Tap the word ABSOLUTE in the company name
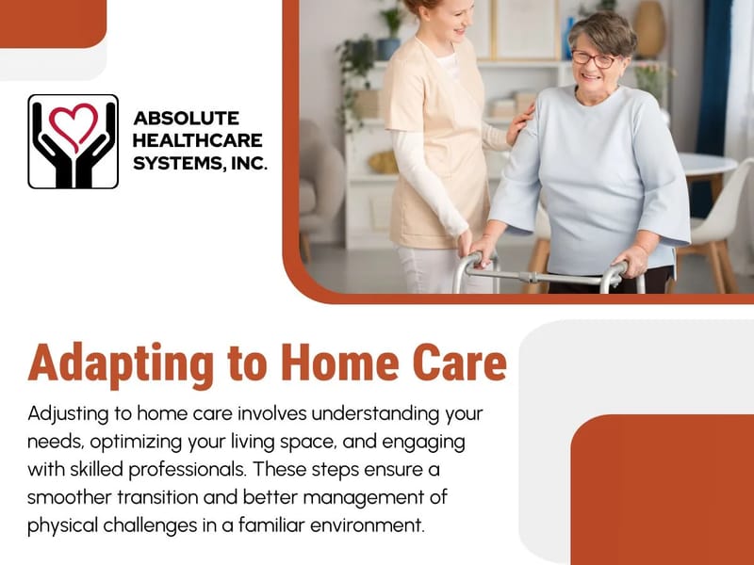pyautogui.click(x=187, y=119)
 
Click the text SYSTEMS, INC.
pyautogui.click(x=201, y=162)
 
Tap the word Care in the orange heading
pyautogui.click(x=455, y=362)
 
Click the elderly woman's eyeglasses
pyautogui.click(x=593, y=58)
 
